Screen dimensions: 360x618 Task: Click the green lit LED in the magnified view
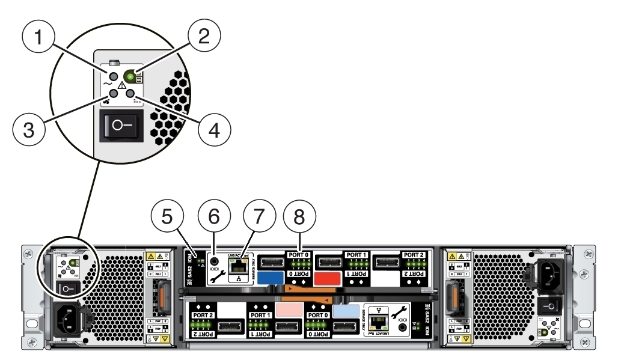pyautogui.click(x=129, y=76)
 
